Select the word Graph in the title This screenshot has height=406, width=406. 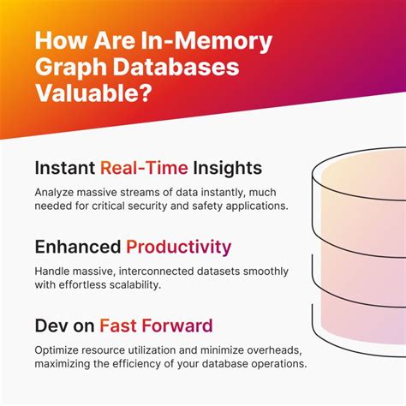pos(72,67)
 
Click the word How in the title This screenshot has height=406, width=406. pos(60,41)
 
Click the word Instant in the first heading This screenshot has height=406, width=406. pos(65,168)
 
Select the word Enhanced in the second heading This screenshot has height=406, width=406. pos(78,248)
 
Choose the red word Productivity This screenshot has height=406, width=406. pos(178,248)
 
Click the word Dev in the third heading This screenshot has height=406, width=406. pos(52,326)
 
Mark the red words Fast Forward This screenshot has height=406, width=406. pos(156,326)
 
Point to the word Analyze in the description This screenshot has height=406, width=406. pos(57,193)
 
